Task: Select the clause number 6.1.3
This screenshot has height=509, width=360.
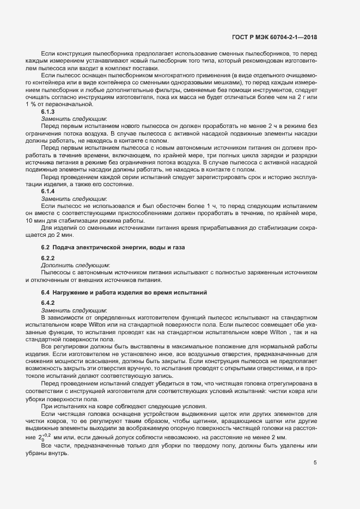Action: pyautogui.click(x=47, y=111)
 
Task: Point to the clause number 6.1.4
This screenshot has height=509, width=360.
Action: pyautogui.click(x=47, y=192)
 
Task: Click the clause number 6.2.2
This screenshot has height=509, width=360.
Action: pyautogui.click(x=47, y=257)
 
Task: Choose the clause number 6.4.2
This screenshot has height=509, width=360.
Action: pyautogui.click(x=47, y=302)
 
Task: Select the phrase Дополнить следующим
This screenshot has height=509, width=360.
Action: pyautogui.click(x=75, y=265)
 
